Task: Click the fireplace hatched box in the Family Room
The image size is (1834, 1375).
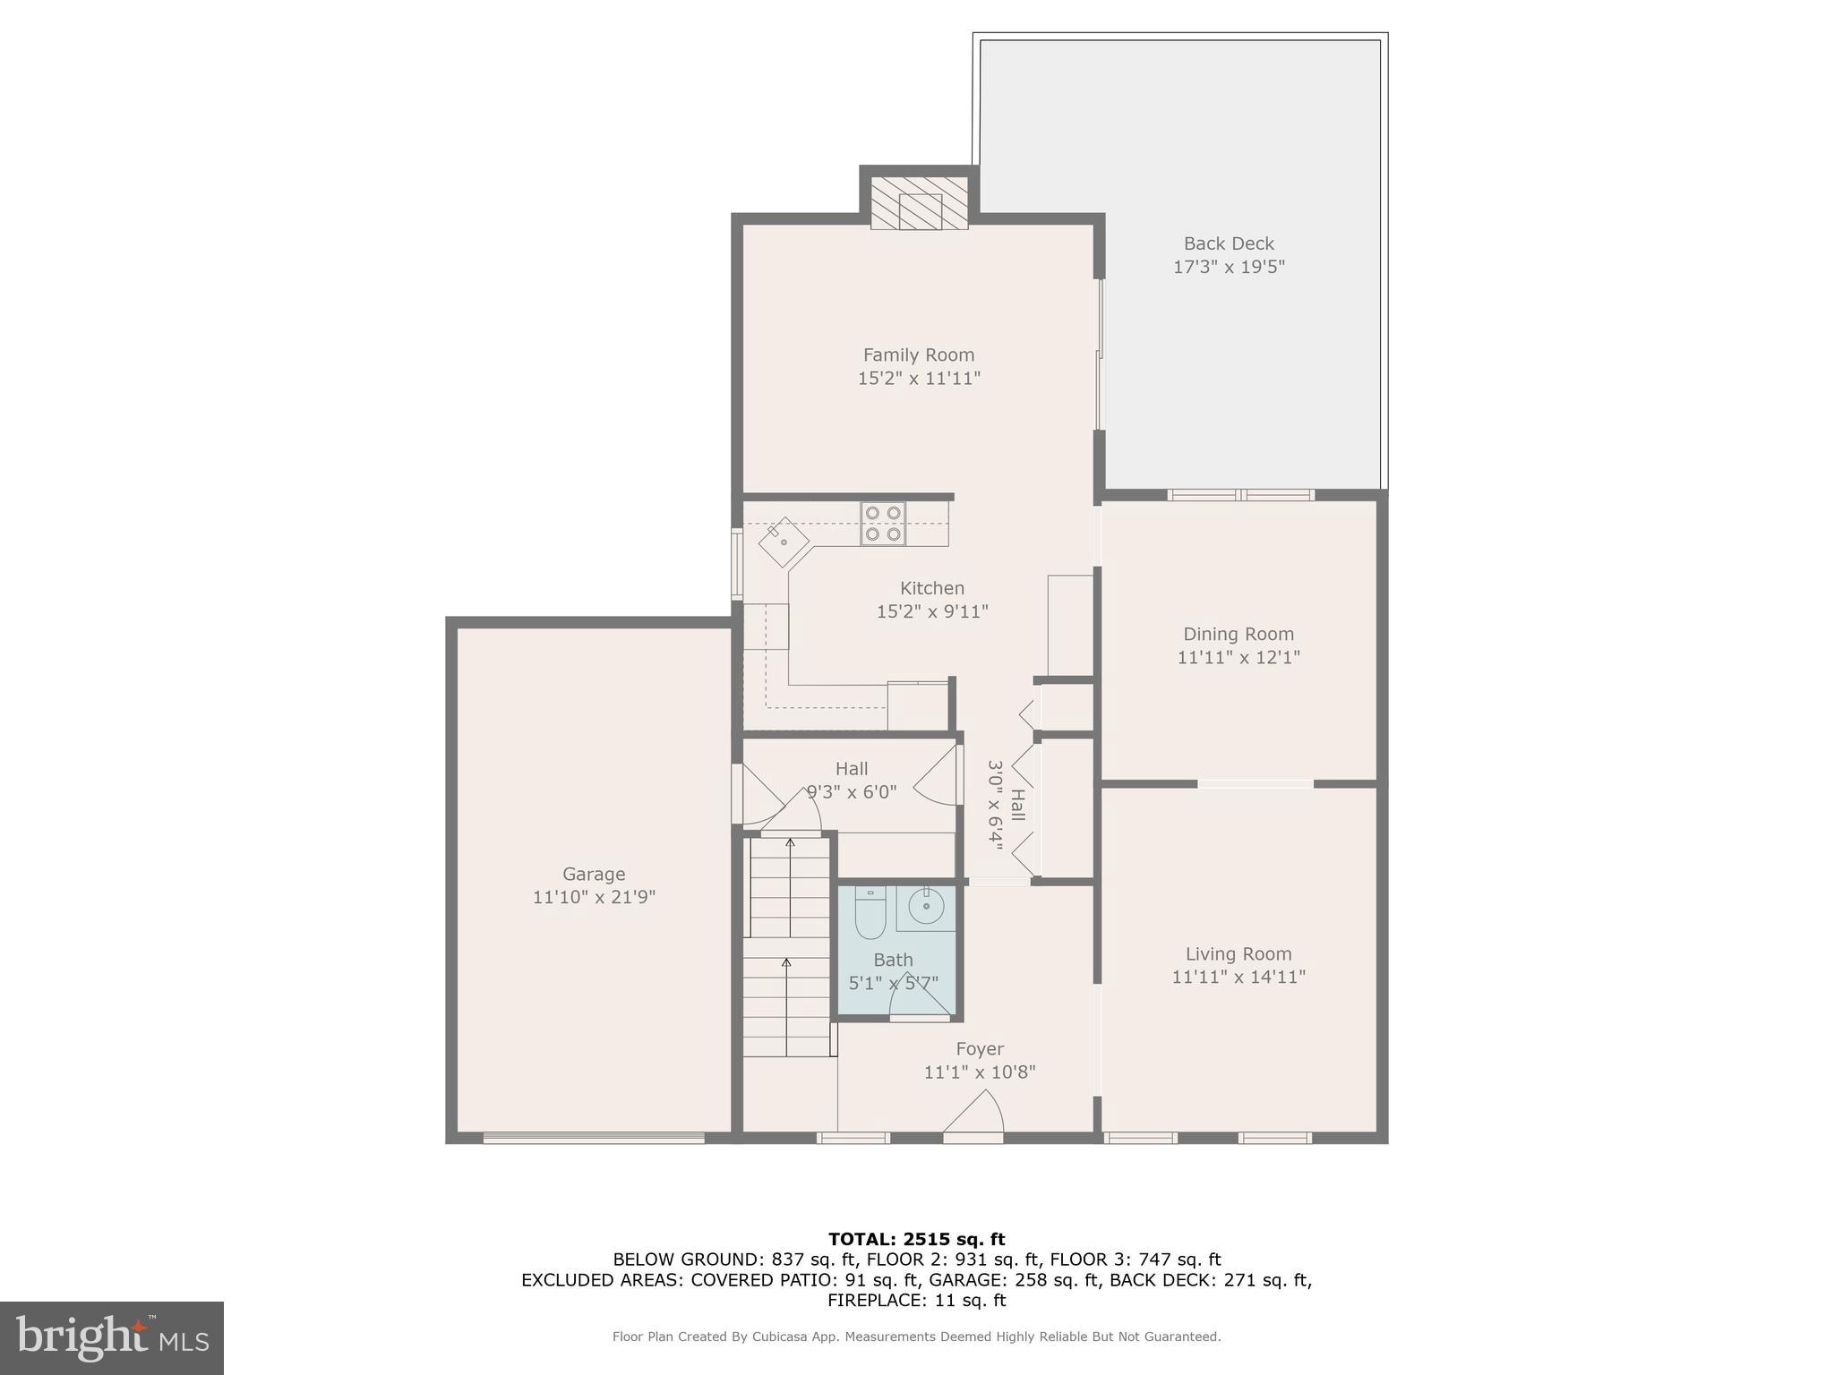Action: tap(920, 203)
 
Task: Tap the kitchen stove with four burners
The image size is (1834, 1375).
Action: tap(883, 524)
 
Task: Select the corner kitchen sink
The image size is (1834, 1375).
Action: tap(784, 542)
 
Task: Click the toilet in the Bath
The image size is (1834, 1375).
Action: tap(870, 912)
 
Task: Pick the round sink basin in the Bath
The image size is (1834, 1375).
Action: tap(926, 907)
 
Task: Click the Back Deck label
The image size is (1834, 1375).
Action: tap(1229, 243)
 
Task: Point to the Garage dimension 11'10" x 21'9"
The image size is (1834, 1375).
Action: tap(594, 897)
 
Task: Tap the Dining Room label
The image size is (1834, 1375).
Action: tap(1238, 634)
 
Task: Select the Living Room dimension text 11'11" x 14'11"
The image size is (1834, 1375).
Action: tap(1238, 977)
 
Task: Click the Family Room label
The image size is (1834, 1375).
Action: tap(919, 354)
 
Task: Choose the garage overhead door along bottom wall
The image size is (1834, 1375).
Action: tap(594, 1138)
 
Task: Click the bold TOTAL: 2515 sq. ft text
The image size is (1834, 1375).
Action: tap(916, 1239)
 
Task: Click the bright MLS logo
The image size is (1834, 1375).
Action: tap(112, 1337)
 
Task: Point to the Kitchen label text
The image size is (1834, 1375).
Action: tap(932, 588)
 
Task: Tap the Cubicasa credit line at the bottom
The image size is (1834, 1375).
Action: tap(916, 1337)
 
